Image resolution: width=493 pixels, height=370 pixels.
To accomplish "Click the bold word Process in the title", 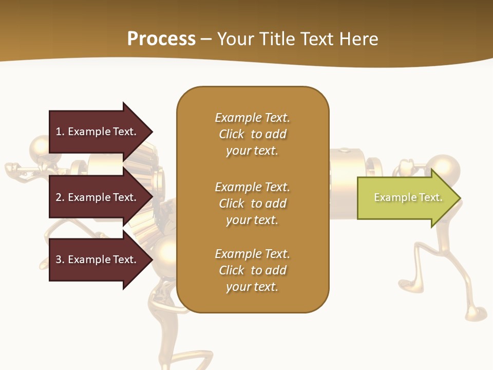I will (161, 39).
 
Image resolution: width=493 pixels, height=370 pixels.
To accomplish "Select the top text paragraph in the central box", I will (253, 134).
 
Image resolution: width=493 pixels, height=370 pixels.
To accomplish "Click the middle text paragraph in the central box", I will (253, 203).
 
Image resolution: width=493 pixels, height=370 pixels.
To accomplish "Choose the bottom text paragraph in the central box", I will (253, 270).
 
